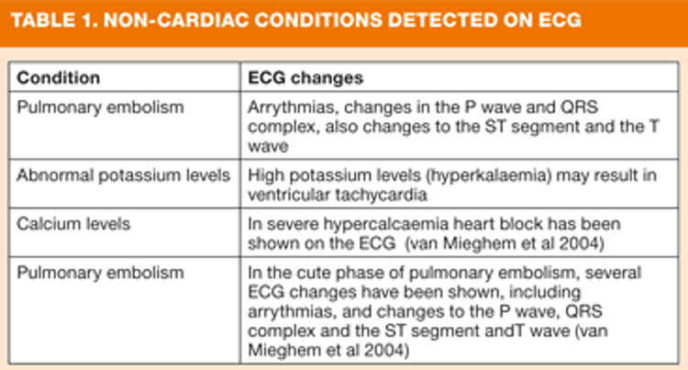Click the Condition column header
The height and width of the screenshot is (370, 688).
pos(59,78)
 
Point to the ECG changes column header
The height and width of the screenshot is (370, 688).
pos(305,78)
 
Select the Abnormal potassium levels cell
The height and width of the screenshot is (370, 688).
pos(123,175)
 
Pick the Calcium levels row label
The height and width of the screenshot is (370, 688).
pos(73,224)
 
